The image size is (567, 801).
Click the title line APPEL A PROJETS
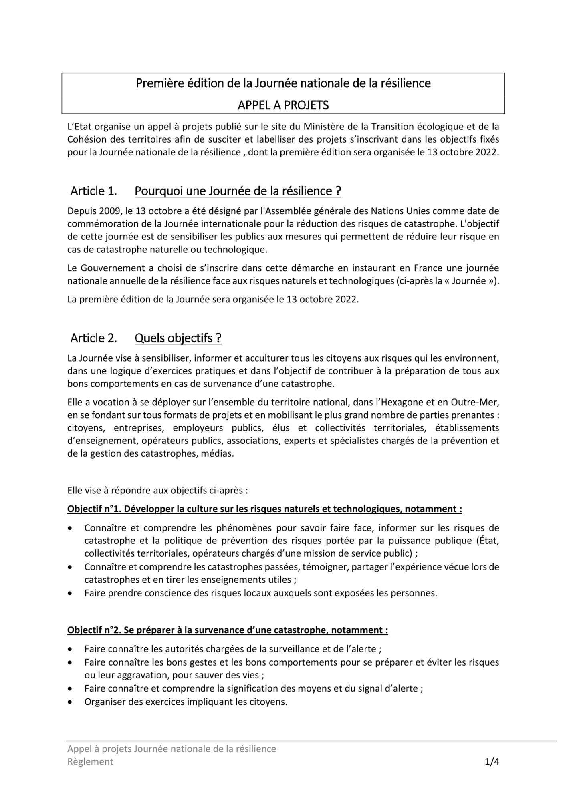tap(283, 105)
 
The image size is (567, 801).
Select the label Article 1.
tap(94, 191)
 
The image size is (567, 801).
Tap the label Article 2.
tap(94, 338)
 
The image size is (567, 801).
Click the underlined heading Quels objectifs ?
tap(178, 338)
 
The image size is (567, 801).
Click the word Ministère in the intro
tap(324, 127)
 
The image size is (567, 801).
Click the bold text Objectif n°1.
tap(95, 509)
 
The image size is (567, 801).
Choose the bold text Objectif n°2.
tap(95, 630)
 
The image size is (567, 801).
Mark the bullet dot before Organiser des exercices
tap(71, 702)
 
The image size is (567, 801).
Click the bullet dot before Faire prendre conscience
tap(71, 593)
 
